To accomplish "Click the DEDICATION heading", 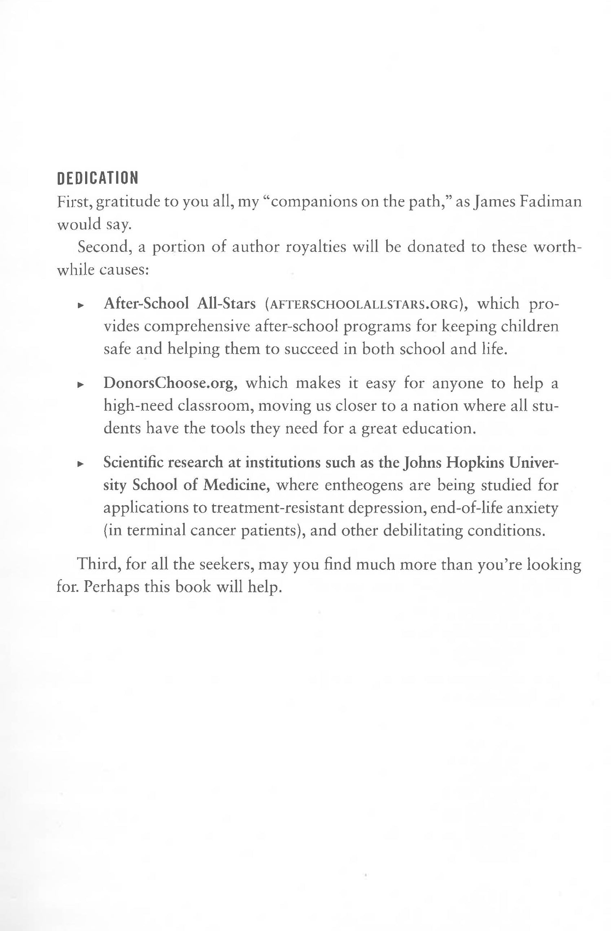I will point(97,178).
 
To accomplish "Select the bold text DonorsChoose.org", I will point(170,384).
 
